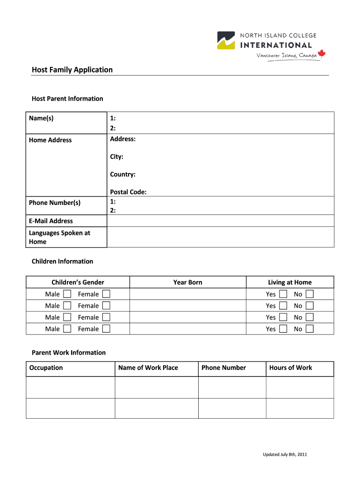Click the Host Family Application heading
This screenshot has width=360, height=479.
click(x=72, y=70)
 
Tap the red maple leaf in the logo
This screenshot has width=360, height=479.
click(x=321, y=54)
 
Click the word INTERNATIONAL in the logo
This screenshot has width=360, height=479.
click(x=276, y=45)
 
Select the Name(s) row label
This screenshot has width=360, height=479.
click(x=41, y=118)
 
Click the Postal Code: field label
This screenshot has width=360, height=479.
click(x=128, y=192)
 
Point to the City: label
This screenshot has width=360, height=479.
click(x=116, y=157)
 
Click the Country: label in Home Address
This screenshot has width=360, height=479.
click(x=122, y=174)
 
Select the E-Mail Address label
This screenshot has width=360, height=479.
click(x=51, y=221)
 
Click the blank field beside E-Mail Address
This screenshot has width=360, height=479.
click(x=220, y=221)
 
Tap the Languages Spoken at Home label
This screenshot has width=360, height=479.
click(x=59, y=237)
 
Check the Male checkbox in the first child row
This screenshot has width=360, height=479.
click(x=67, y=294)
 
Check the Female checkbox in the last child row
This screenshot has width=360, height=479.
click(x=107, y=329)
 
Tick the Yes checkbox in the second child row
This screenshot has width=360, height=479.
click(x=283, y=305)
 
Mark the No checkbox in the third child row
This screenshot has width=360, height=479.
click(x=310, y=317)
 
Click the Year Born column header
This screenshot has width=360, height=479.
click(x=187, y=282)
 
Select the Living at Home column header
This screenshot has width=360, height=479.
click(x=289, y=282)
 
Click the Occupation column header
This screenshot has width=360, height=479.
click(x=46, y=368)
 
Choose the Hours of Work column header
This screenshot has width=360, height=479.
click(x=290, y=368)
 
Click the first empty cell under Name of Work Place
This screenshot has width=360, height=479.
click(x=157, y=387)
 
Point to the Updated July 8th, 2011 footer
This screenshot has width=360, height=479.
click(x=284, y=454)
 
